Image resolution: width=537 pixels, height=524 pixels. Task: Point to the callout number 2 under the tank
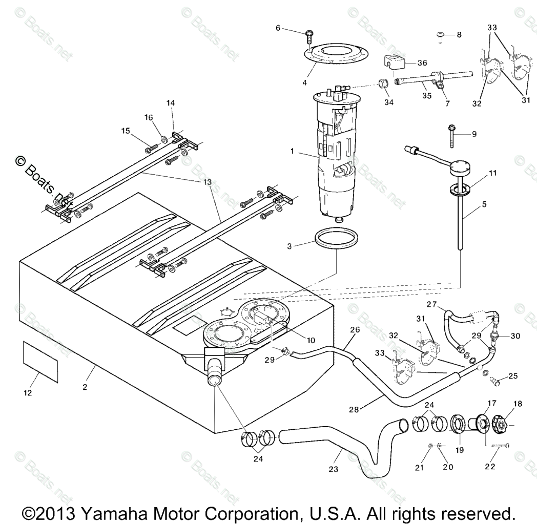(85, 387)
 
